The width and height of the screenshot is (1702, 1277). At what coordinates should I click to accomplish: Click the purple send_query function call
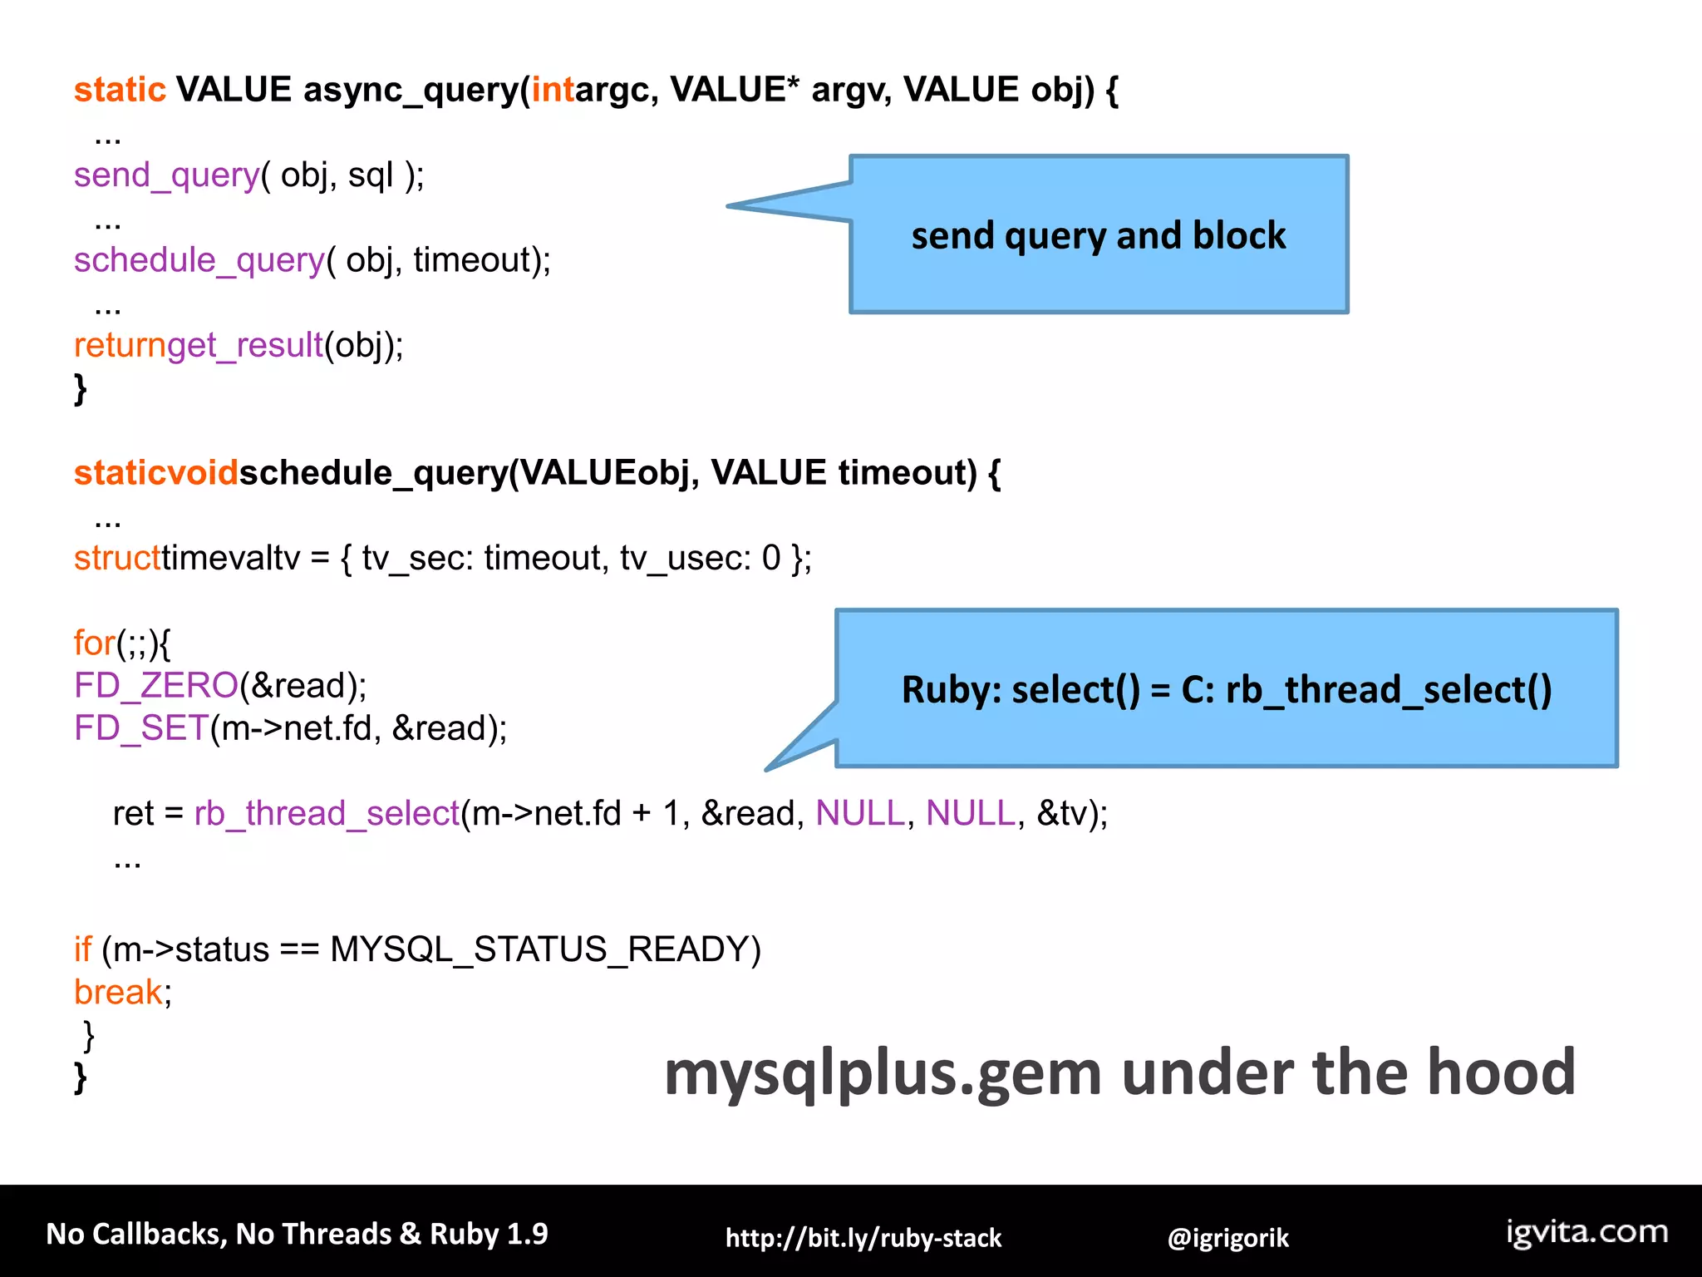(166, 175)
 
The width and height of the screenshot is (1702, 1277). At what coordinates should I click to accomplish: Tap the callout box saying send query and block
(1098, 235)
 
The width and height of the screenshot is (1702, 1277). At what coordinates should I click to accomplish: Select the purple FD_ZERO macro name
(156, 686)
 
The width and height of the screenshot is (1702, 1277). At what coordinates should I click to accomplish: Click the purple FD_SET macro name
(140, 728)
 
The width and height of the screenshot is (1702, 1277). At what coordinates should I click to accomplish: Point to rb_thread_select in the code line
(327, 813)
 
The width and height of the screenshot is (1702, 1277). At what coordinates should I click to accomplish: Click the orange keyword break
(118, 992)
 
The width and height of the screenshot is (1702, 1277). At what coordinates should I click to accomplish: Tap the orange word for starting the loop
(94, 643)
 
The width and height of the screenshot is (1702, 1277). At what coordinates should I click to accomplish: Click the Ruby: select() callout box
(1226, 689)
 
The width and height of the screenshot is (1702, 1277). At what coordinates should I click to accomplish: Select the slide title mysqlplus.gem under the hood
(1119, 1072)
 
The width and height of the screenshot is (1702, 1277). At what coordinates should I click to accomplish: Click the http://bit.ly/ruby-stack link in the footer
(863, 1238)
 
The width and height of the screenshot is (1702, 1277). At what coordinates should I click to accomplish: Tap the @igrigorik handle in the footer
(1227, 1238)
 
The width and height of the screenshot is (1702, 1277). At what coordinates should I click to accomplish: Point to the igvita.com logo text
(1586, 1231)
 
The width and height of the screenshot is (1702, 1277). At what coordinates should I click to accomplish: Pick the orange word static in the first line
(120, 90)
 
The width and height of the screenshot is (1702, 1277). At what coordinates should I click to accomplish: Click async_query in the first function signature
(411, 90)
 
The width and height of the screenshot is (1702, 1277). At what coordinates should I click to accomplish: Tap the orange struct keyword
(117, 558)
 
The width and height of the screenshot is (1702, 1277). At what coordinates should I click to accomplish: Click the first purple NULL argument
(859, 813)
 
